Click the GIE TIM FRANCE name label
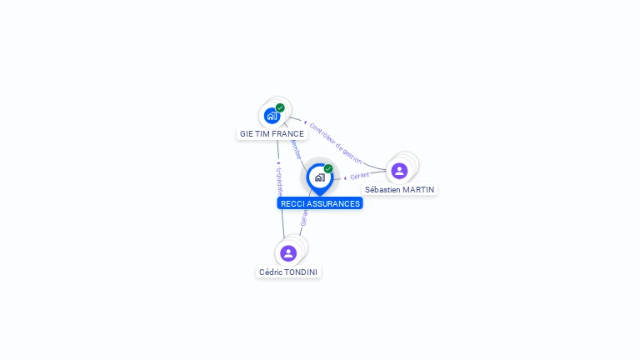(x=272, y=133)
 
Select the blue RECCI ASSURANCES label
(x=320, y=203)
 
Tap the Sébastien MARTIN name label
(x=399, y=189)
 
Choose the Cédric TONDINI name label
(x=288, y=272)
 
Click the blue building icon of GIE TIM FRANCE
(x=272, y=116)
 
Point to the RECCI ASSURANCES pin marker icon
(x=319, y=177)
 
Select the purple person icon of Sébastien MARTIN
(x=399, y=171)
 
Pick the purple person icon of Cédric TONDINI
(x=288, y=252)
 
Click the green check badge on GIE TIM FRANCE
(x=280, y=107)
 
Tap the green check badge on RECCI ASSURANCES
(x=328, y=169)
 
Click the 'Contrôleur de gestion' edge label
(x=335, y=142)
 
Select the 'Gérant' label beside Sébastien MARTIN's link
(x=359, y=176)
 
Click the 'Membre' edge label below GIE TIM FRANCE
(x=296, y=149)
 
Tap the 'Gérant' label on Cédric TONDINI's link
(x=304, y=218)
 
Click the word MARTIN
(x=417, y=189)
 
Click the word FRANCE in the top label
(x=287, y=133)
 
